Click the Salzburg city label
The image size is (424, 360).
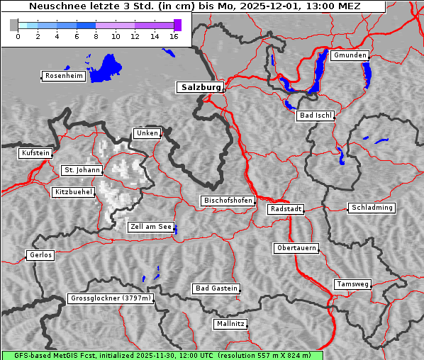pyautogui.click(x=200, y=87)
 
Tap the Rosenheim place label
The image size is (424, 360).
pyautogui.click(x=64, y=76)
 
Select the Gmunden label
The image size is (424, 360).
pyautogui.click(x=350, y=55)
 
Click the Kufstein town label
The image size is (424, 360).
pyautogui.click(x=35, y=153)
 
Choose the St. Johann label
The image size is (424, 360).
pyautogui.click(x=82, y=170)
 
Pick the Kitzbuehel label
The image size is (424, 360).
pyautogui.click(x=73, y=192)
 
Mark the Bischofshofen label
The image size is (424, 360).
pyautogui.click(x=228, y=201)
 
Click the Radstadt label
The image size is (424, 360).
pyautogui.click(x=286, y=209)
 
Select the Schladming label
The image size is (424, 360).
pyautogui.click(x=372, y=208)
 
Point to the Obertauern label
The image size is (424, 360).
pyautogui.click(x=296, y=248)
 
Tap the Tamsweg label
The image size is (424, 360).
pyautogui.click(x=352, y=284)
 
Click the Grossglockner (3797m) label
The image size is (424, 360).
pyautogui.click(x=111, y=298)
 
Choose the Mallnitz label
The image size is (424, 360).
pyautogui.click(x=230, y=324)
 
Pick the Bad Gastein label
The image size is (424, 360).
pyautogui.click(x=216, y=288)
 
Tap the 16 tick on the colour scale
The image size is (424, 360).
pyautogui.click(x=174, y=36)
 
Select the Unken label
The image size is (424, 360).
pyautogui.click(x=147, y=133)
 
